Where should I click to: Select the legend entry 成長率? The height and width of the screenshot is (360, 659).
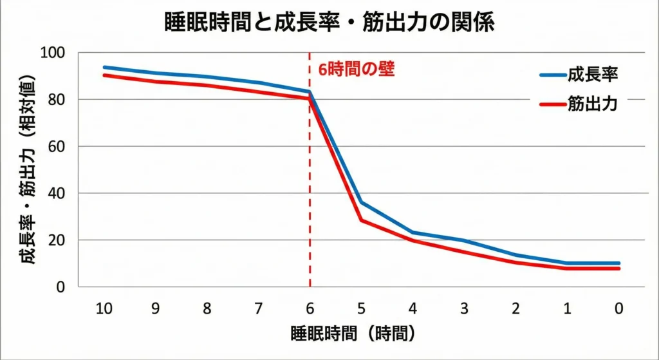pyautogui.click(x=592, y=74)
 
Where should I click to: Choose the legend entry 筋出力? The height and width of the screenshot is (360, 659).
pyautogui.click(x=592, y=105)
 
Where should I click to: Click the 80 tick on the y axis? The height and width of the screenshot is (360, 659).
pyautogui.click(x=56, y=100)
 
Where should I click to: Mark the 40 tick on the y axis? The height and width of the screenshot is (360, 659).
pyautogui.click(x=56, y=193)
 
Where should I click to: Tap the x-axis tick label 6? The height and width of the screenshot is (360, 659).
pyautogui.click(x=310, y=308)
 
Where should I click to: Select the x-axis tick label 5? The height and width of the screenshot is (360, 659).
pyautogui.click(x=361, y=308)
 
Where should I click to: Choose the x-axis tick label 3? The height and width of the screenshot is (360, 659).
pyautogui.click(x=464, y=308)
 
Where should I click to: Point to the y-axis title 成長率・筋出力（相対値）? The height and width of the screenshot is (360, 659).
pyautogui.click(x=26, y=170)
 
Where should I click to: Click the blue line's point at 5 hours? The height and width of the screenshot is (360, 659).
pyautogui.click(x=361, y=203)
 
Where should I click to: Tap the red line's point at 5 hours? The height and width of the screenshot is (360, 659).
pyautogui.click(x=361, y=221)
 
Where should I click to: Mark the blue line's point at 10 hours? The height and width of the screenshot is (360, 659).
pyautogui.click(x=104, y=67)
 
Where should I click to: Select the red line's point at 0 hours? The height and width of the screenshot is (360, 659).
pyautogui.click(x=618, y=269)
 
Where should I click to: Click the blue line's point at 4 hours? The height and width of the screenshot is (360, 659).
pyautogui.click(x=413, y=232)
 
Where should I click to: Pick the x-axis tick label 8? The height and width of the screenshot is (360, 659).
pyautogui.click(x=207, y=308)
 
